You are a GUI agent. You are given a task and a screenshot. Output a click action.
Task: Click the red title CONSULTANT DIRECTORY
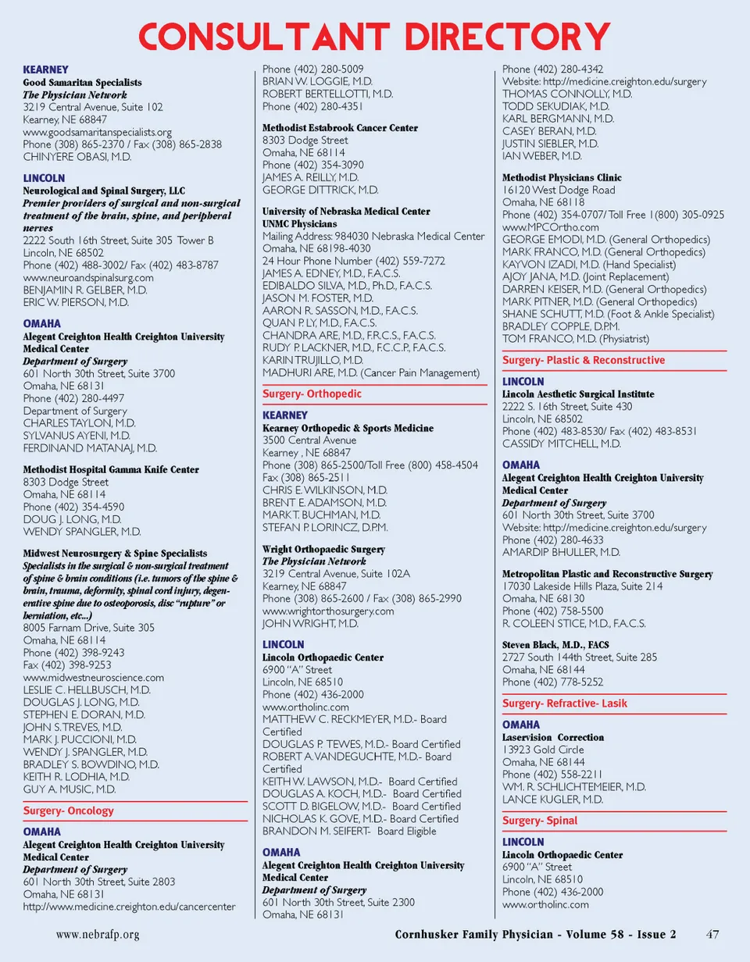[x=374, y=36]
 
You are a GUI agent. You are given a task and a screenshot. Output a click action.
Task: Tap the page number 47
[x=712, y=934]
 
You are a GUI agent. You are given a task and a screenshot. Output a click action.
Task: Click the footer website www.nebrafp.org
[x=98, y=934]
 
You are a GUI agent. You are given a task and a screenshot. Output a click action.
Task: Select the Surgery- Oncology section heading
[x=68, y=811]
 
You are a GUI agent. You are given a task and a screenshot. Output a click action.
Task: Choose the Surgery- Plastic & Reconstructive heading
[x=584, y=361]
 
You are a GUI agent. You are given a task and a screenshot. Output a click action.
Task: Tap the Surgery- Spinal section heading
[x=540, y=821]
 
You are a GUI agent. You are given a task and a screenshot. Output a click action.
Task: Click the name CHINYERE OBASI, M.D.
[x=77, y=157]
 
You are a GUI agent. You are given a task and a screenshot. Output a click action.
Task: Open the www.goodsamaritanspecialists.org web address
[x=97, y=132]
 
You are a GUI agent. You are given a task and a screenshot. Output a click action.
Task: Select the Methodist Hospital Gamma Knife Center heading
[x=110, y=470]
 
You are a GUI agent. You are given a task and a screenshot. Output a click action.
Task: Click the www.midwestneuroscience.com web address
[x=93, y=678]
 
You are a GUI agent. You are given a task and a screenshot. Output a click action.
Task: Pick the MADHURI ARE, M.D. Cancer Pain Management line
[x=370, y=373]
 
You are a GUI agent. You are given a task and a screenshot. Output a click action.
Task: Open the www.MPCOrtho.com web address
[x=551, y=227]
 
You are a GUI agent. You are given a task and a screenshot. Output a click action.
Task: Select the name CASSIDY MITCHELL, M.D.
[x=561, y=444]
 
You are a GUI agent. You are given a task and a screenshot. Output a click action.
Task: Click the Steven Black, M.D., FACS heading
[x=555, y=645]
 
